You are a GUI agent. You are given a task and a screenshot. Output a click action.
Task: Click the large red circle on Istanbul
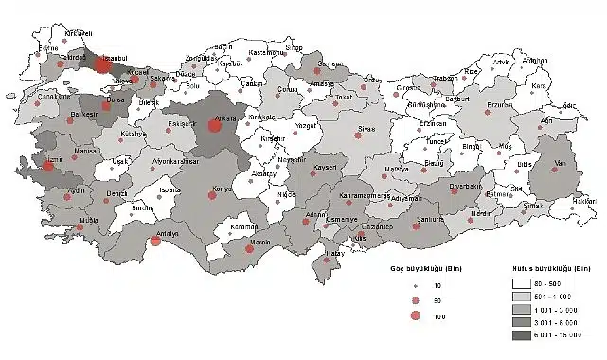[102, 65]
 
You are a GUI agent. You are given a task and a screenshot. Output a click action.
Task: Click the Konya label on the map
[223, 188]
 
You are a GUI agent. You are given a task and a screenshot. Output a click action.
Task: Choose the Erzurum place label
[498, 105]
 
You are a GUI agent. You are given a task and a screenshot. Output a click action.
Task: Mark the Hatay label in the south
[334, 254]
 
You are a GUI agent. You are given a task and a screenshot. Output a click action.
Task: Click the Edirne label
[46, 47]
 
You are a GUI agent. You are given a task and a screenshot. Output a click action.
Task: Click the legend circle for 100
[416, 315]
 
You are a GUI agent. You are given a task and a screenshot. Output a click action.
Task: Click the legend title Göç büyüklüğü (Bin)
[434, 268]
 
